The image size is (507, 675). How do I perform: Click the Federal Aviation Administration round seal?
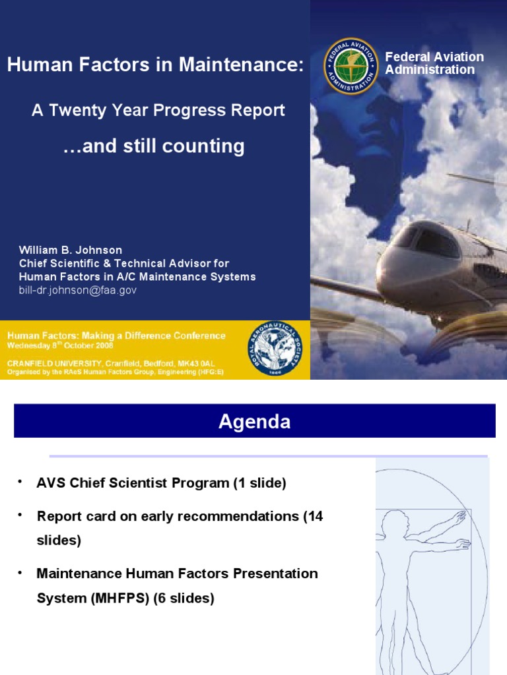pos(351,65)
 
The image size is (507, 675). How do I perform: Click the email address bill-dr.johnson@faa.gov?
pos(78,290)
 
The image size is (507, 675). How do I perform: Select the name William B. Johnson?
pos(70,250)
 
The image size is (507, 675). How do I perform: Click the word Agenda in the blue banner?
pos(254,422)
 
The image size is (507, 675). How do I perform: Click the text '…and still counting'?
pos(153,146)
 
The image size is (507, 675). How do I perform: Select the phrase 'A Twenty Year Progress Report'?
pos(158,110)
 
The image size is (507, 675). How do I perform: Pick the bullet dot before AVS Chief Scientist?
pos(21,482)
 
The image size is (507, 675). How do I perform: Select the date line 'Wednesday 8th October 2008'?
pos(60,345)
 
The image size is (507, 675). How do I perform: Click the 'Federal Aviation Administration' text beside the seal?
pos(434,63)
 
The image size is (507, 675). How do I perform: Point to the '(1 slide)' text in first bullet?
pos(259,483)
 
